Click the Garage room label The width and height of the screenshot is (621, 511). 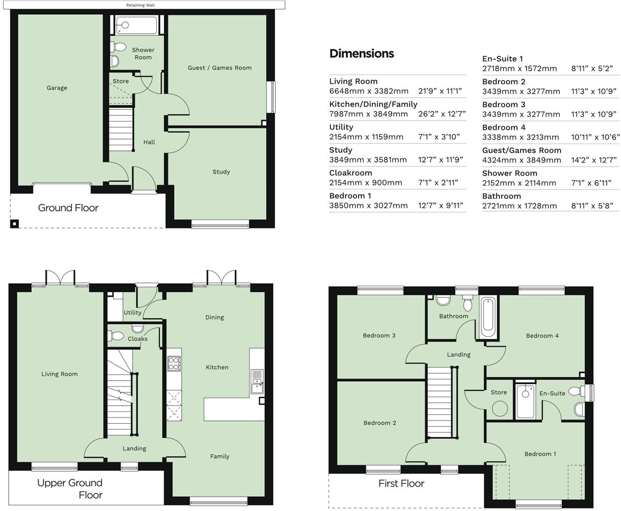[x=57, y=88]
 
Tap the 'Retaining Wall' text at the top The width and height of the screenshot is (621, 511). [x=140, y=5]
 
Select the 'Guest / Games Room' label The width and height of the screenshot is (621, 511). [x=220, y=67]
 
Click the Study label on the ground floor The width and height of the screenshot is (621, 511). [x=221, y=172]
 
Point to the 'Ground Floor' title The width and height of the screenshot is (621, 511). [x=68, y=208]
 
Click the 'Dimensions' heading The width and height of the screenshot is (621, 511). [x=362, y=54]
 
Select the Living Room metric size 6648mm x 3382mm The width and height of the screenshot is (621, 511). [x=369, y=91]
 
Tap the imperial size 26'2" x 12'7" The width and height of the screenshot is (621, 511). [x=442, y=114]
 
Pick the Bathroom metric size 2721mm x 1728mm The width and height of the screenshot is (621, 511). [x=519, y=206]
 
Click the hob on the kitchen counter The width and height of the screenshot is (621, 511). [x=174, y=363]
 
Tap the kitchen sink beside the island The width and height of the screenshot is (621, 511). [x=256, y=381]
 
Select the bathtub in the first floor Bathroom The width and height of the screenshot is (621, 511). [x=487, y=317]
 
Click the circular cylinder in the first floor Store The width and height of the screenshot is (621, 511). [x=499, y=408]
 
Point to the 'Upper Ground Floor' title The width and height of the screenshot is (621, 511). [x=70, y=489]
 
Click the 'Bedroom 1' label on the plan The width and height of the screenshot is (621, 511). [x=540, y=454]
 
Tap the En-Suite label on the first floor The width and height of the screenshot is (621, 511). [x=552, y=393]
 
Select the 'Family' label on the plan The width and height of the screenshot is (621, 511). [x=220, y=456]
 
